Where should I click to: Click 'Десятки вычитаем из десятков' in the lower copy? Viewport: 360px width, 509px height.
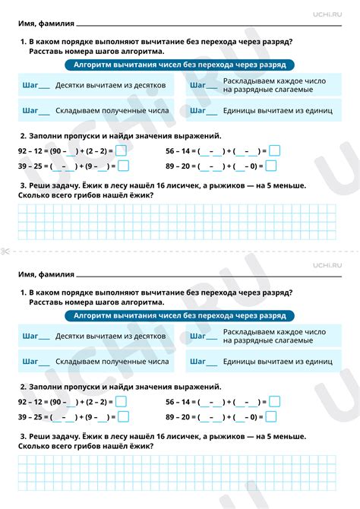coord(110,335)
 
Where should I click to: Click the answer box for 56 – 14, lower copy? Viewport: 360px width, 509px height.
coord(274,401)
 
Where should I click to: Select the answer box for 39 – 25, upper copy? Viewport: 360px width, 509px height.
coord(122,165)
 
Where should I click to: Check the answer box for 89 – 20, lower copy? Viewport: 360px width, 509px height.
coord(274,416)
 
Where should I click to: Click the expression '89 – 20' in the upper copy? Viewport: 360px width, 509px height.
coord(178,165)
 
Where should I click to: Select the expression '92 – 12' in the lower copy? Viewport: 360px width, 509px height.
coord(30,401)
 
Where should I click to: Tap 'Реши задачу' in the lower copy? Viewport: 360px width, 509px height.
coord(52,436)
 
